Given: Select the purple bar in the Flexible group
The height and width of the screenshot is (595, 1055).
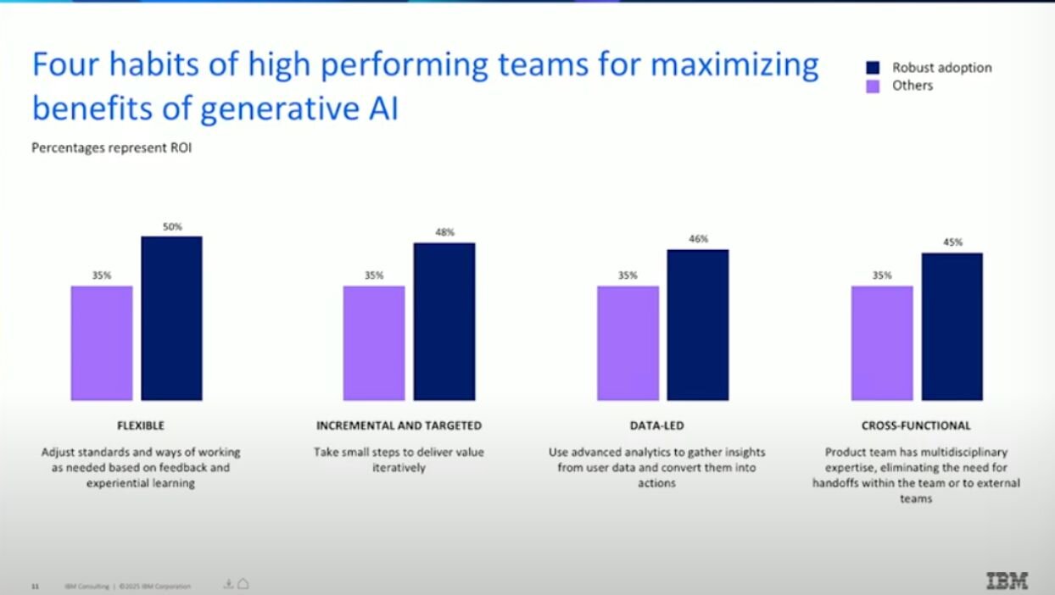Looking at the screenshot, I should click(102, 342).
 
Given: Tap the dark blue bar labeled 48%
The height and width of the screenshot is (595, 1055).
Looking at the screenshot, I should click(444, 321).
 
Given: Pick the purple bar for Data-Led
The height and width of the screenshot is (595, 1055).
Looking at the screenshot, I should click(628, 342).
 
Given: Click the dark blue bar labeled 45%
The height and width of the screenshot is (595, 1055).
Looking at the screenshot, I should click(952, 326).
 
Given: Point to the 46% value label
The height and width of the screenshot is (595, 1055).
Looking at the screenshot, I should click(698, 239).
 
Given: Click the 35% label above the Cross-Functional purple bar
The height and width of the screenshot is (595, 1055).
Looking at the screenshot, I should click(882, 275).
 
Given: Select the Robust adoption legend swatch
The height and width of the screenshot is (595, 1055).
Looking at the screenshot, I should click(873, 68).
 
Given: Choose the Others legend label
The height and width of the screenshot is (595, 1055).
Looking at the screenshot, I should click(913, 86).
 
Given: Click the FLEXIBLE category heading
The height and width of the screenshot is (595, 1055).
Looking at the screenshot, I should click(141, 425).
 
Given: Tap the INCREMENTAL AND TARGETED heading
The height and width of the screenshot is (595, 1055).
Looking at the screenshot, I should click(399, 425).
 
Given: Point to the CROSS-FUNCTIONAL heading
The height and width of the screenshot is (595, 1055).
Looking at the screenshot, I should click(916, 425).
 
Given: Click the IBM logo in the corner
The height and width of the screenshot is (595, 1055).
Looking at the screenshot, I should click(1008, 581).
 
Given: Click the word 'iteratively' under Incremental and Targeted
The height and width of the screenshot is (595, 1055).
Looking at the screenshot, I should click(399, 468).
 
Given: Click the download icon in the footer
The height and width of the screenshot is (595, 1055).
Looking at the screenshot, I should click(228, 583).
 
